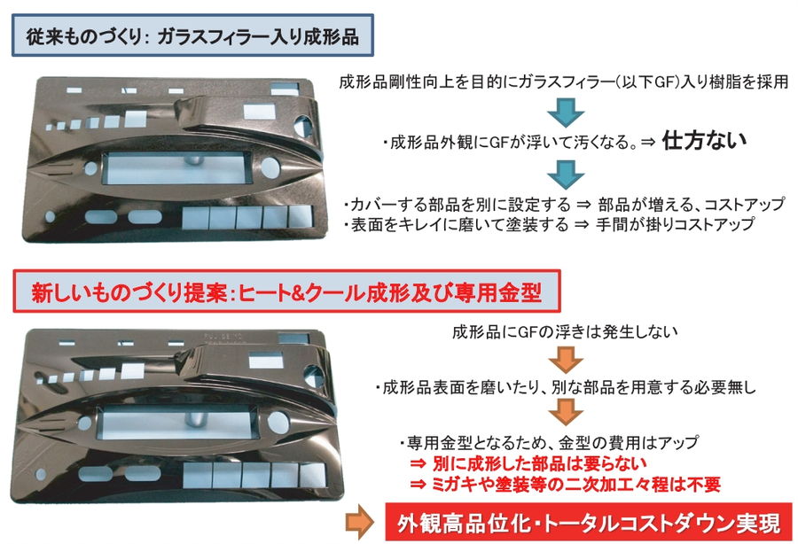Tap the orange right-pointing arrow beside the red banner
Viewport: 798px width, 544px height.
click(x=358, y=521)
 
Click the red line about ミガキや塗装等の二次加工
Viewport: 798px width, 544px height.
click(x=563, y=484)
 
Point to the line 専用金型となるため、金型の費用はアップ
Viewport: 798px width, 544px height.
click(x=549, y=441)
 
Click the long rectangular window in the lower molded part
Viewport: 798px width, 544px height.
click(x=174, y=423)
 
